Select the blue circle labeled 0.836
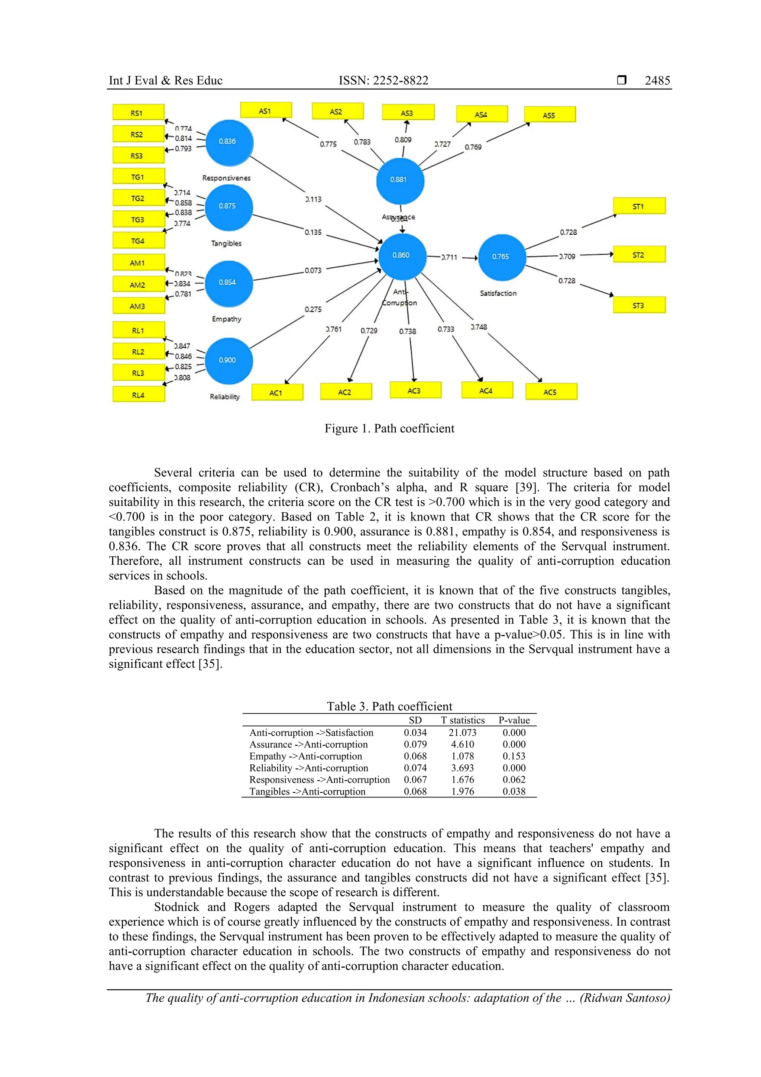tap(229, 142)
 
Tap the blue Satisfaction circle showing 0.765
tap(501, 257)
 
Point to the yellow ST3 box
tap(639, 305)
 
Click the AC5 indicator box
tap(551, 392)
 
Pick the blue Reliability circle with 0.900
tap(229, 360)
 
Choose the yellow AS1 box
tap(266, 111)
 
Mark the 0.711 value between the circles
tap(450, 257)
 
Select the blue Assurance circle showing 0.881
tap(399, 180)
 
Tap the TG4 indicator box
tap(138, 241)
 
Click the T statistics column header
tap(462, 720)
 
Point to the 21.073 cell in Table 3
tap(462, 732)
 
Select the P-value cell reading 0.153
tap(514, 756)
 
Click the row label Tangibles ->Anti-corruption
tap(307, 791)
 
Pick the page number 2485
tap(657, 81)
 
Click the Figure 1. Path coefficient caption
tap(389, 428)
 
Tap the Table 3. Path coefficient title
tap(389, 706)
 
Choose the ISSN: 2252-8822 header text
tap(383, 81)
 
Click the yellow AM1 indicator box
tap(138, 263)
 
